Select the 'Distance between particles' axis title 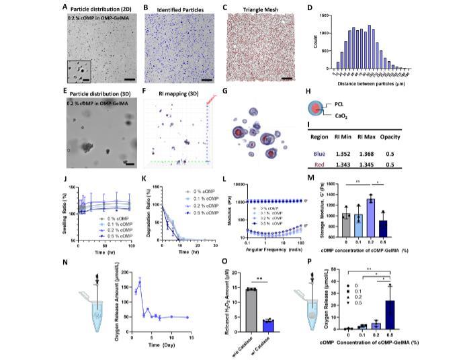361,83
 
